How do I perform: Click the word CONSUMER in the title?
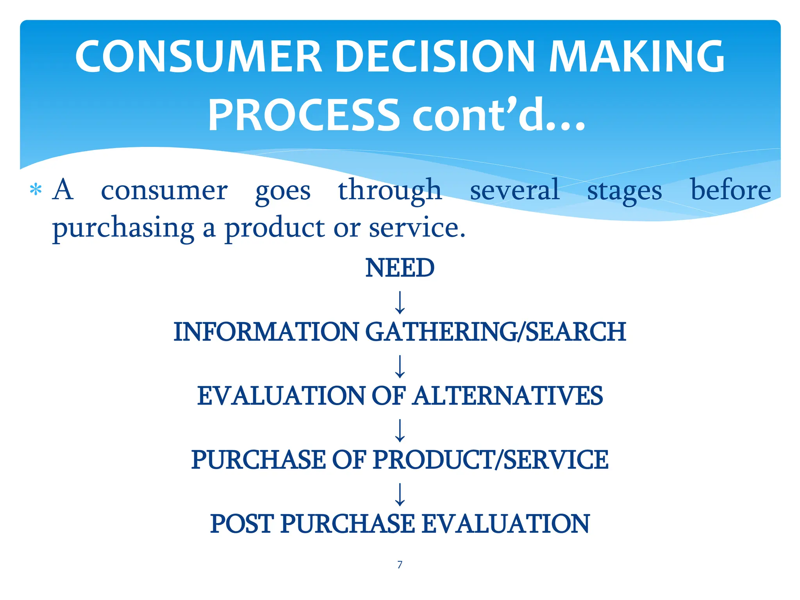(x=198, y=57)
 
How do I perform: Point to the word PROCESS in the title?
(x=304, y=116)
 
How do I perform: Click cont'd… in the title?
(x=499, y=116)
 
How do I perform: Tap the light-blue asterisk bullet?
(x=36, y=190)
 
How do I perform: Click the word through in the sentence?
(x=389, y=190)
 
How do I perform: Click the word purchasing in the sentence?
(x=123, y=229)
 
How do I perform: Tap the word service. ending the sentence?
(x=417, y=228)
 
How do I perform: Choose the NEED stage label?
(x=400, y=268)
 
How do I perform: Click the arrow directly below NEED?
(x=400, y=302)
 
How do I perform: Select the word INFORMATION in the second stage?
(x=266, y=332)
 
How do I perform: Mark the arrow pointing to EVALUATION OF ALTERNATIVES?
(x=400, y=366)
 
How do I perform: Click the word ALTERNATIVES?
(x=508, y=396)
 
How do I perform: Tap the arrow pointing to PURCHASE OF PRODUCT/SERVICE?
(x=400, y=430)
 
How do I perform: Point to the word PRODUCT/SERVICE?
(x=490, y=460)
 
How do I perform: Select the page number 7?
(x=400, y=564)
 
